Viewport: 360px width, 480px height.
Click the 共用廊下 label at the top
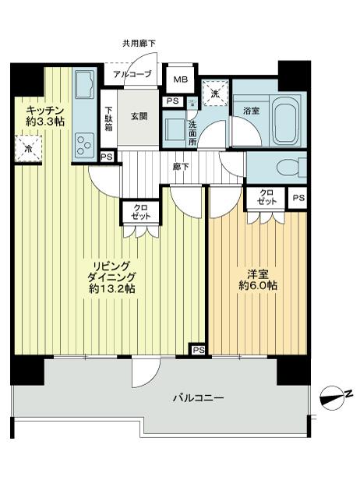coord(139,44)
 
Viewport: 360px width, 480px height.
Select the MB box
coord(180,80)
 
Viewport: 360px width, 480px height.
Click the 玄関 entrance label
coord(139,116)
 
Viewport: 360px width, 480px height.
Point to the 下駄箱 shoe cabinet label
coord(109,120)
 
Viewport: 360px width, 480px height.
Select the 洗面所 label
coord(192,133)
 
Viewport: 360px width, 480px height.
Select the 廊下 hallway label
coord(181,165)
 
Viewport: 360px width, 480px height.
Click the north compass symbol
coord(334,395)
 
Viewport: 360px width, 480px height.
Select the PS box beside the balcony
coord(199,350)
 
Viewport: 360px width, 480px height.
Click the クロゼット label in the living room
coord(141,213)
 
